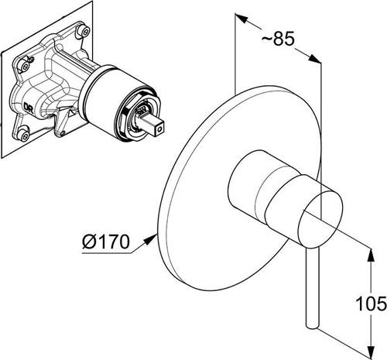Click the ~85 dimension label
(x=278, y=39)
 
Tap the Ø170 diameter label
(x=105, y=242)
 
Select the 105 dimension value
(x=371, y=303)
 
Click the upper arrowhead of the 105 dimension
(x=371, y=255)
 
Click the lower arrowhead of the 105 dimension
(x=371, y=349)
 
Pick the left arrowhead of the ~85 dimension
(x=241, y=19)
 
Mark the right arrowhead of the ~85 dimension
(x=315, y=59)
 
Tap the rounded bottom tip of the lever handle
(x=312, y=326)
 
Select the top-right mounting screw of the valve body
(x=84, y=32)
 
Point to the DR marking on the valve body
(x=28, y=106)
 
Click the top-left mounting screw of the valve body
(x=25, y=66)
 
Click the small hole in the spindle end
(x=160, y=128)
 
